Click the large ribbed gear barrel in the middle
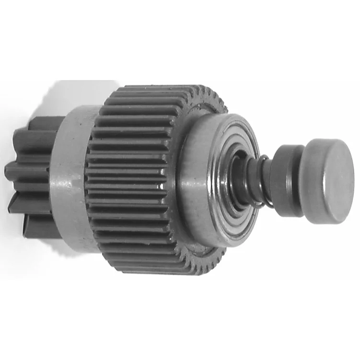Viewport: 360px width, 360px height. [x=134, y=177]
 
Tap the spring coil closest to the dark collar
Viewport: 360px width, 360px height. [x=268, y=182]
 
